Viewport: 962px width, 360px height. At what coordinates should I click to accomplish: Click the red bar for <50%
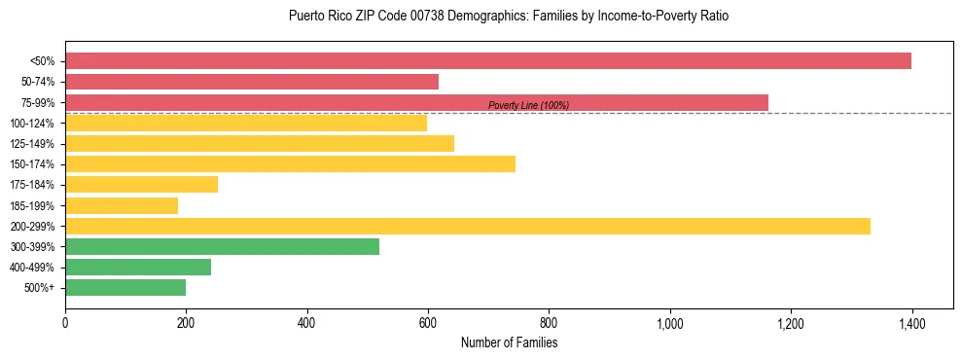488,61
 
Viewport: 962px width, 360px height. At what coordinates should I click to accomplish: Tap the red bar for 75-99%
416,102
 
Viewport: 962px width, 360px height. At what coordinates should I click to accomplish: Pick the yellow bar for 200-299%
468,227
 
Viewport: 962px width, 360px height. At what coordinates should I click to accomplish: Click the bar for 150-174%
290,164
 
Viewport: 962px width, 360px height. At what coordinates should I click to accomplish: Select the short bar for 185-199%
122,205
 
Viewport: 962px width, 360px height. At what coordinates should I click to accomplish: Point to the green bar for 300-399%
222,247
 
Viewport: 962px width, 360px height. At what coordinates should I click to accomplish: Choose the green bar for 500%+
125,288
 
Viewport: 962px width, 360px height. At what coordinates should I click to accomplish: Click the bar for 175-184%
141,185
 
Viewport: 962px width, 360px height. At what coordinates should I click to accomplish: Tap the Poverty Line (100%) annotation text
528,105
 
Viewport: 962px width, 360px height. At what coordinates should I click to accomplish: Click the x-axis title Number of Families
509,343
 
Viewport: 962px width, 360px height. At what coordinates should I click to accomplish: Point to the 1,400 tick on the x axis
911,324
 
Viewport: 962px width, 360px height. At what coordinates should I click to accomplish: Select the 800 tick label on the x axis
549,324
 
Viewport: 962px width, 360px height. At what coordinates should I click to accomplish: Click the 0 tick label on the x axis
65,324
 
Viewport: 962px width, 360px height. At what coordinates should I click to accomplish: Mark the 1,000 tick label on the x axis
669,324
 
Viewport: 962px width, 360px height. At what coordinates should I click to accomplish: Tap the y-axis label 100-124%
32,124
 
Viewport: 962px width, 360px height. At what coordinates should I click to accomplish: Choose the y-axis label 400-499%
32,268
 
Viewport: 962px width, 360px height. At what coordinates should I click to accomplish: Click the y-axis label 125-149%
32,144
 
